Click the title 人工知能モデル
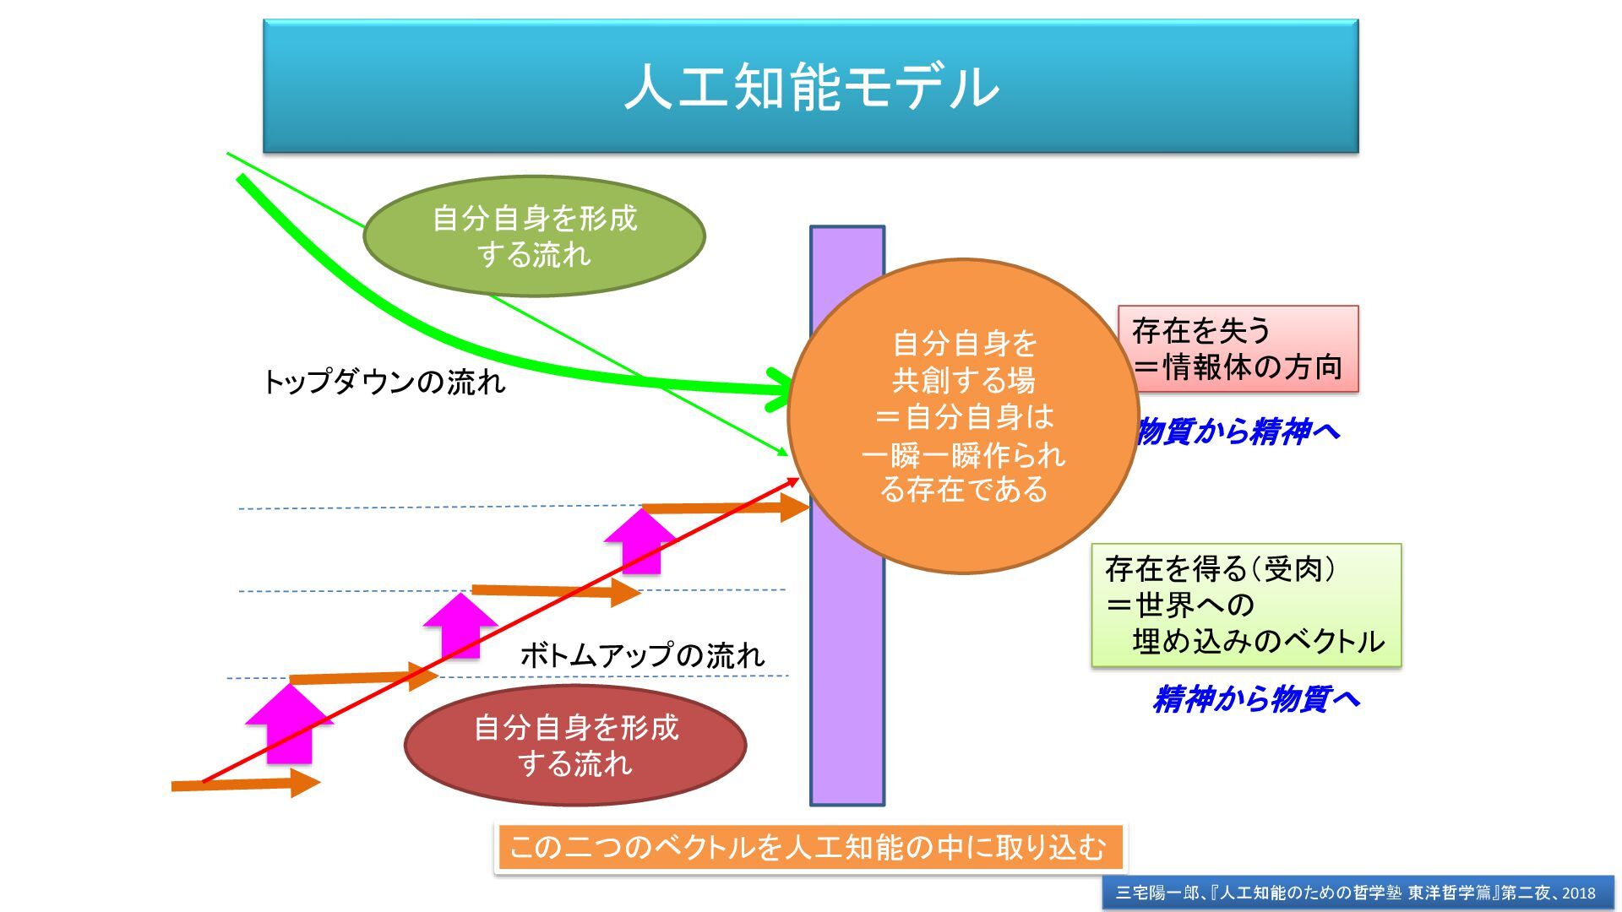(x=811, y=86)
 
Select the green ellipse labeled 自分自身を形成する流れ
(x=534, y=236)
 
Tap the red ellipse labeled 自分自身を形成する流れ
(x=575, y=745)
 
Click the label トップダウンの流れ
(x=384, y=383)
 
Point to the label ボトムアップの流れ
(x=642, y=655)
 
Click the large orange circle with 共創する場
(x=963, y=415)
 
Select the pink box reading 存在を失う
(x=1238, y=349)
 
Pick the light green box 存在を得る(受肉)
(x=1245, y=605)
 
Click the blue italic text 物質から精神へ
(x=1238, y=432)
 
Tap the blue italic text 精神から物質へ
(x=1256, y=699)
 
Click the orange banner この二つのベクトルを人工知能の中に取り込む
(x=809, y=847)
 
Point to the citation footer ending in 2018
(x=1357, y=893)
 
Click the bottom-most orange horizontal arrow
(x=245, y=784)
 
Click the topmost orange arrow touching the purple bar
(x=727, y=508)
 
